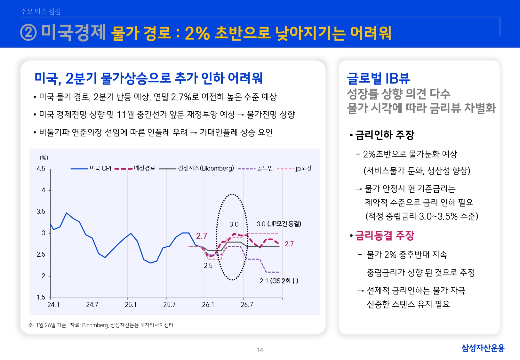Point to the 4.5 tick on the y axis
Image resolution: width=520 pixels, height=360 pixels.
tap(41, 169)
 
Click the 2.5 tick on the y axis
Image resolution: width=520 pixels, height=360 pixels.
tap(41, 255)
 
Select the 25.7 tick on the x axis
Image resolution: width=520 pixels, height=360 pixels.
tap(169, 305)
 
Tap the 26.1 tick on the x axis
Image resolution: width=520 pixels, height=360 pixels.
tap(208, 305)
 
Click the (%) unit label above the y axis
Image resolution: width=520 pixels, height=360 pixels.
tap(44, 158)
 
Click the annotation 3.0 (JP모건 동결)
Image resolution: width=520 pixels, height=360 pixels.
tap(279, 224)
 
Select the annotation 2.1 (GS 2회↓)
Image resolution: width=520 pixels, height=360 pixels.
tap(279, 281)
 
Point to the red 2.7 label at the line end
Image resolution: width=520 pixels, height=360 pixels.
tap(289, 244)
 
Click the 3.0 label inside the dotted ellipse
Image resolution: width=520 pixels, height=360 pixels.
tap(234, 224)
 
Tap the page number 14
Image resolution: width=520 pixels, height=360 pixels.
tap(260, 350)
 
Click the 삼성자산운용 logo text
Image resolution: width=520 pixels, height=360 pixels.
tap(483, 348)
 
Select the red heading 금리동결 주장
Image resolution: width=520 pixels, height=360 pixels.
tap(385, 236)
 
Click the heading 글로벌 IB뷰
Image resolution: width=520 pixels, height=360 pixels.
tap(378, 78)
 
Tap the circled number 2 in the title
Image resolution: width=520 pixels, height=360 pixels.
tap(29, 33)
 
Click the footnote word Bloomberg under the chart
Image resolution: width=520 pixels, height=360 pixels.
tap(95, 325)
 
